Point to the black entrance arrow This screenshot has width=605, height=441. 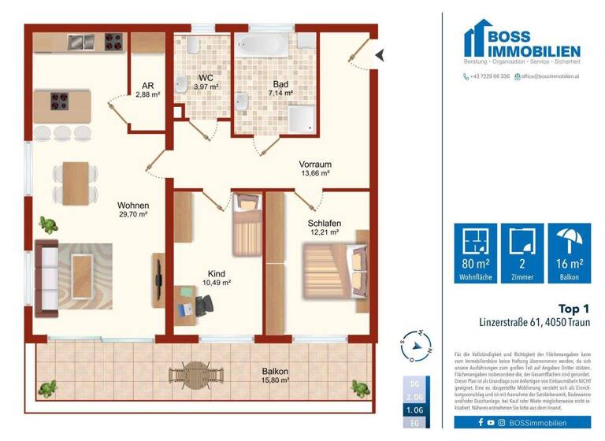pos(379,54)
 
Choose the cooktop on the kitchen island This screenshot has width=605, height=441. pos(60,100)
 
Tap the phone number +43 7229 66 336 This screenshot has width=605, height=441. pos(488,76)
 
